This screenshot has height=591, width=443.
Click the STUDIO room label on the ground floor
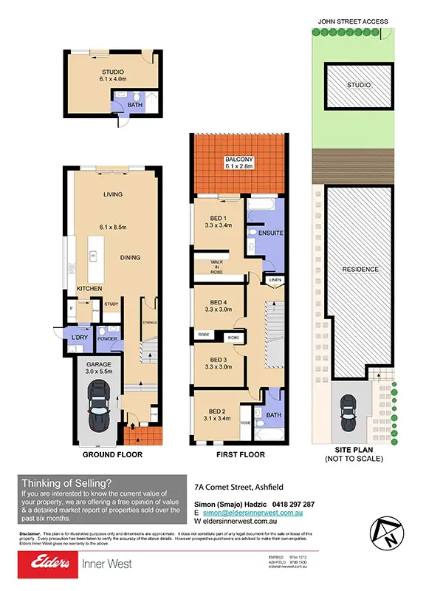point(113,72)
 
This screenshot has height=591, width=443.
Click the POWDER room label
point(107,340)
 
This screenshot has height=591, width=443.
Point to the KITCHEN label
point(89,288)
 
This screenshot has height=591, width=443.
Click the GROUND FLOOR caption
point(113,455)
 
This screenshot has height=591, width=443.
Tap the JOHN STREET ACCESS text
point(352,22)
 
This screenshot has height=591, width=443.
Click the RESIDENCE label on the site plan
point(360,269)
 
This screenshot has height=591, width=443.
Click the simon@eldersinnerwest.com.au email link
point(257,512)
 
